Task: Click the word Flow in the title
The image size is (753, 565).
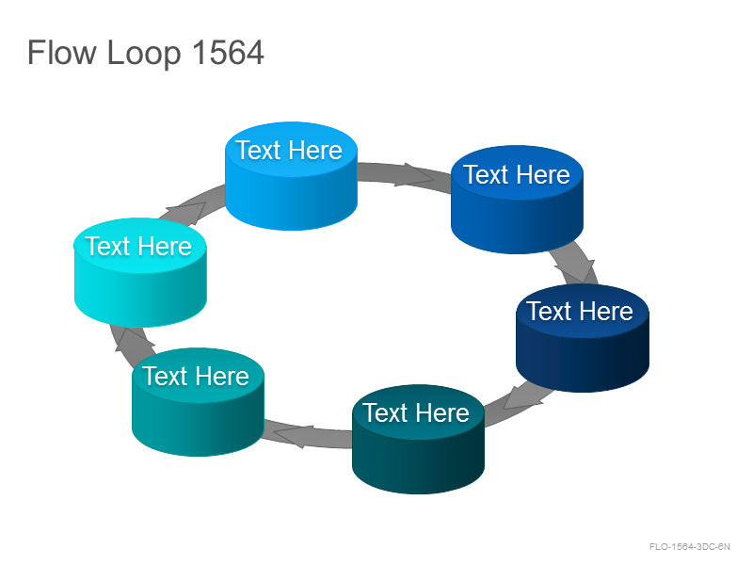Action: click(x=61, y=52)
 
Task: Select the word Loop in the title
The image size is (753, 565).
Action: click(x=144, y=54)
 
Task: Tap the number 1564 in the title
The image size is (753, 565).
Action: click(x=228, y=52)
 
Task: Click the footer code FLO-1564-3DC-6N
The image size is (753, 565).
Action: click(x=690, y=546)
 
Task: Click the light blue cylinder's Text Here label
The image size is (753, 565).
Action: click(x=289, y=151)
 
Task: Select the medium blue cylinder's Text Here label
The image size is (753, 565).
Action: click(x=517, y=174)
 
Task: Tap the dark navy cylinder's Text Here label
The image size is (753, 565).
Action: click(x=580, y=311)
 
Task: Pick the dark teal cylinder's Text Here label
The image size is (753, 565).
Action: click(x=416, y=412)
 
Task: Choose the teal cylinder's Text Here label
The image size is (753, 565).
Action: click(x=196, y=376)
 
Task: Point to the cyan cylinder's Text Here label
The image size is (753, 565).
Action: click(x=138, y=246)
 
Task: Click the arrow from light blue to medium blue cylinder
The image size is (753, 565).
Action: click(x=405, y=175)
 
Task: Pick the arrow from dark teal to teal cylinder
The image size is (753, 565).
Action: click(x=309, y=434)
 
